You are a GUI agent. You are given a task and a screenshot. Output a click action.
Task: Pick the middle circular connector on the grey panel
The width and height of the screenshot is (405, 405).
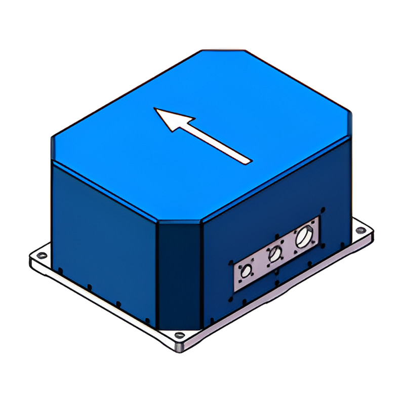275,253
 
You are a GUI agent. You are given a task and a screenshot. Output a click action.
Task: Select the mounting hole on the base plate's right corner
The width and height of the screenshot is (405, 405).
360,230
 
